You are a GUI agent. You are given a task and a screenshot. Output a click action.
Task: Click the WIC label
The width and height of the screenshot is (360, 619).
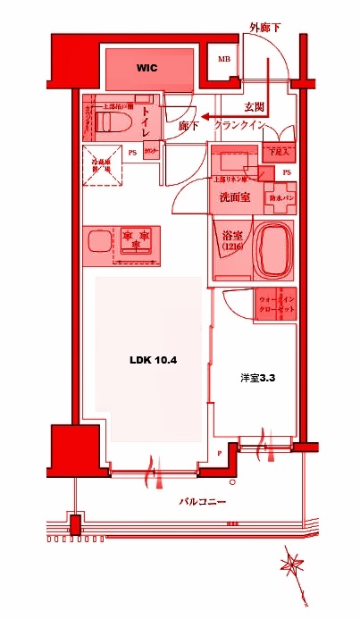pyautogui.click(x=147, y=68)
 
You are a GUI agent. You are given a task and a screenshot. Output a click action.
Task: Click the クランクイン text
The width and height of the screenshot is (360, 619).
pyautogui.click(x=239, y=126)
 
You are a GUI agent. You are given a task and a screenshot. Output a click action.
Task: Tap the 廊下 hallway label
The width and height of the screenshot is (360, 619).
pyautogui.click(x=188, y=127)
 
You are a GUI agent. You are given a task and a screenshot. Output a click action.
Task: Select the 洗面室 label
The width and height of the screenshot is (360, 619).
pyautogui.click(x=234, y=197)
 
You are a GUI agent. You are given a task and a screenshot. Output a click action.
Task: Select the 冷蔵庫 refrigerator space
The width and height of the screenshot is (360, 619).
pyautogui.click(x=102, y=165)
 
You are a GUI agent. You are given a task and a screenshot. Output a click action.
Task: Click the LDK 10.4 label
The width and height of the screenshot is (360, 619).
pyautogui.click(x=154, y=361)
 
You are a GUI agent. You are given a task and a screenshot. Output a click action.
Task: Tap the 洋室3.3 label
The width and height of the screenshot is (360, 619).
pyautogui.click(x=255, y=378)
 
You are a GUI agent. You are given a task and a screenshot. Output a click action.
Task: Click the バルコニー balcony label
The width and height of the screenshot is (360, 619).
pyautogui.click(x=202, y=502)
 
